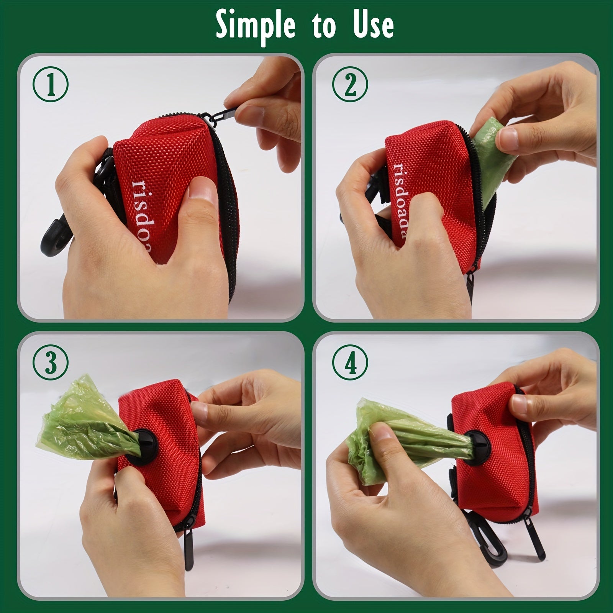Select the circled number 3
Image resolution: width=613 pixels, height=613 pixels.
[x=51, y=362]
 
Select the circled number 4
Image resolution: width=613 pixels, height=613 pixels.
[x=350, y=362]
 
